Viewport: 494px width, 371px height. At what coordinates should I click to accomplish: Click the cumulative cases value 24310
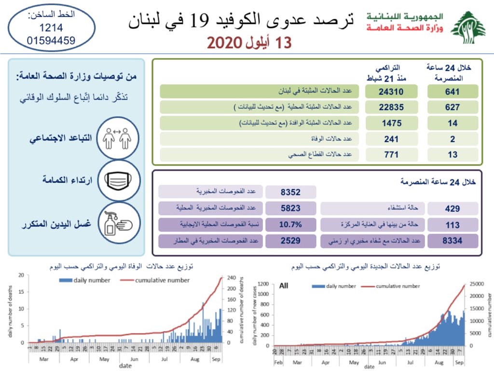tap(390, 92)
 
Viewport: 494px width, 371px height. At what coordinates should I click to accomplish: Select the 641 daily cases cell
tap(453, 92)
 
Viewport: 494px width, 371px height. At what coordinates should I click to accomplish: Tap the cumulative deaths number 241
tap(390, 139)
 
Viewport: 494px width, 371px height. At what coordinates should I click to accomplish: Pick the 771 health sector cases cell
tap(390, 155)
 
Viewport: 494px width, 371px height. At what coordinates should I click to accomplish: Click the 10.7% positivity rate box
tap(290, 224)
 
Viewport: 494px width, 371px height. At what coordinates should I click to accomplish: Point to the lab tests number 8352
tap(290, 192)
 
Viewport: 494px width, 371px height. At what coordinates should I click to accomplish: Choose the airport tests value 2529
tap(290, 240)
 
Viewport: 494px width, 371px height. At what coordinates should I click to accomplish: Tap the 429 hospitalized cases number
tap(453, 209)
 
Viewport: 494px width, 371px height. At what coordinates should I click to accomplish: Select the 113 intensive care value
tap(453, 225)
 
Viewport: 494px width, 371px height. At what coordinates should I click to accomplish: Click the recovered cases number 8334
tap(453, 240)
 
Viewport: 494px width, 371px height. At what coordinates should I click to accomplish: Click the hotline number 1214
tap(51, 28)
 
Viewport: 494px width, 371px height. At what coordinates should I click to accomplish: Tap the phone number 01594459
tap(51, 41)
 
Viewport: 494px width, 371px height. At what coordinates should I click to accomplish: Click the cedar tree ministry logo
tap(468, 27)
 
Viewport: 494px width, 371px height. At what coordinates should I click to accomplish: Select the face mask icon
tap(118, 181)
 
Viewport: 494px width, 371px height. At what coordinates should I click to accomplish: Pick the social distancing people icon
tap(118, 139)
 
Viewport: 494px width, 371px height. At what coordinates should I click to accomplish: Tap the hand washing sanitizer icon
tap(118, 223)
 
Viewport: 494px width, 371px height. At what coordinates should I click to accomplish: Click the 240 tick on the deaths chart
tap(233, 278)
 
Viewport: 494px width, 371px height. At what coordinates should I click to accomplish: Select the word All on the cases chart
tap(284, 286)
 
